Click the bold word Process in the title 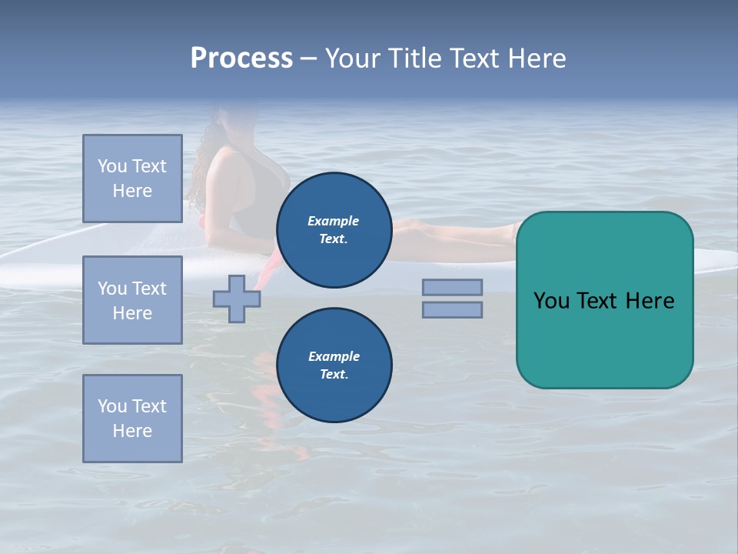(241, 58)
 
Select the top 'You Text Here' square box (132, 179)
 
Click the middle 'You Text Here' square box (132, 300)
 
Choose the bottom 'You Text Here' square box (132, 419)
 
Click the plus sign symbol (237, 299)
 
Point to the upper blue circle (334, 230)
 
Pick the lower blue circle (334, 365)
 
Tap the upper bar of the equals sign (452, 287)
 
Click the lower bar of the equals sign (452, 309)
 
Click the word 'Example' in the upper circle (334, 221)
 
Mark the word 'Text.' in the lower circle (334, 375)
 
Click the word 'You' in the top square (112, 166)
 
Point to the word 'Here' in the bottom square (132, 431)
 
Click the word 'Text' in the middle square (149, 289)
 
